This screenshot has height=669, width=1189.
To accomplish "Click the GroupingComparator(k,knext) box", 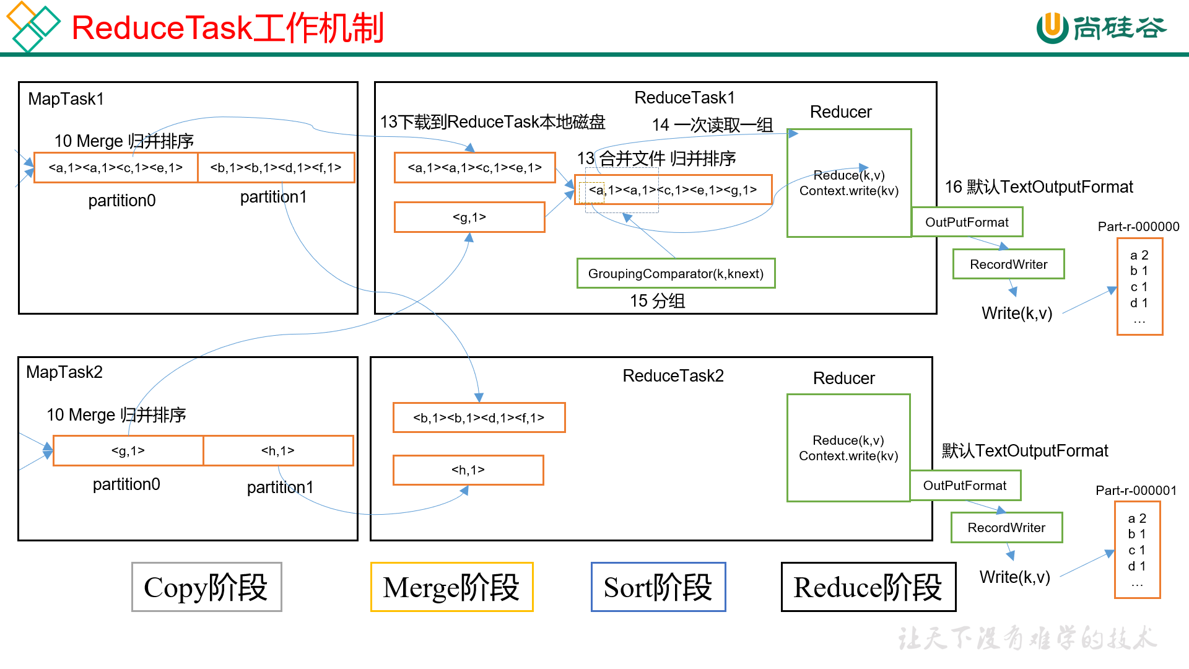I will click(676, 274).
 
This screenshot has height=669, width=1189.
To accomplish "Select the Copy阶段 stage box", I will click(206, 587).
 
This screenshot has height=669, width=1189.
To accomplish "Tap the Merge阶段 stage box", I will click(451, 587).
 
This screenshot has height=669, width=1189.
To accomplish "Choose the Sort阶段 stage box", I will click(658, 587).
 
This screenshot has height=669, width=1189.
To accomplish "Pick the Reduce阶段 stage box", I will click(868, 587).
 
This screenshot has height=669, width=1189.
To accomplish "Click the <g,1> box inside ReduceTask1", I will click(469, 217).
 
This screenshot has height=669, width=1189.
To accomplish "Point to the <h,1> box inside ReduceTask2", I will click(468, 470).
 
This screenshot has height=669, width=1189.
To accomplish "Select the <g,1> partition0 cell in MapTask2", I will click(128, 451).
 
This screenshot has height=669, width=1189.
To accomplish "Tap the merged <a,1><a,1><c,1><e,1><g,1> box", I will click(673, 190).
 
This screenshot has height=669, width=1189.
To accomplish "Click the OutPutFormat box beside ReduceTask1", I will click(967, 222).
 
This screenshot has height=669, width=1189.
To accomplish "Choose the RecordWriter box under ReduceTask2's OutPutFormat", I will click(1006, 528).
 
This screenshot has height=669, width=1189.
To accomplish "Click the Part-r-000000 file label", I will click(1138, 227).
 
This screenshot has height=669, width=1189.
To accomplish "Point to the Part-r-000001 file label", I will click(1136, 491).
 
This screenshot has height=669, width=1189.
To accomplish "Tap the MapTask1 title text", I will click(66, 99).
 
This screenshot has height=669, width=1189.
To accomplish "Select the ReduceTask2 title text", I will click(673, 376).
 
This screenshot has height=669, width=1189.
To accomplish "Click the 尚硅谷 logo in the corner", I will click(1102, 28).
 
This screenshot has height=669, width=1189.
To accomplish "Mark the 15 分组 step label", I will click(657, 301).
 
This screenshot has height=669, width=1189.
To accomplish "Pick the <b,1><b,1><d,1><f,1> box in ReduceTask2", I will click(479, 418).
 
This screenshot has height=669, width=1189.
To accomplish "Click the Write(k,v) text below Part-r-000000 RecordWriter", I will click(1017, 313).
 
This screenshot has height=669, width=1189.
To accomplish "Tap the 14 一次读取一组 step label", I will click(712, 125).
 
